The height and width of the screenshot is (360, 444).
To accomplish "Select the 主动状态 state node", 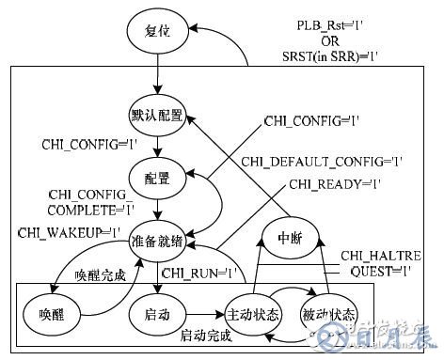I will click(x=250, y=311).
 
